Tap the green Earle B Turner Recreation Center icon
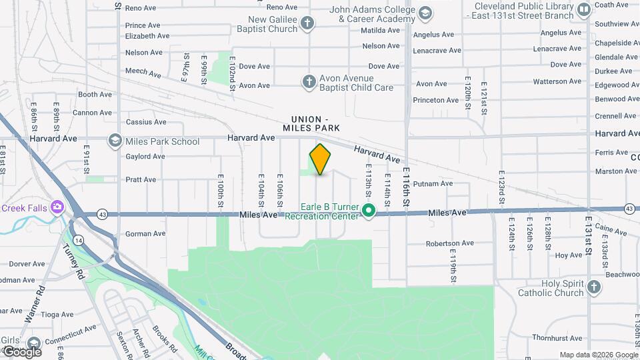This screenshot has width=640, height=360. click(x=369, y=211)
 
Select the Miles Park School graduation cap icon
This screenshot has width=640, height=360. click(x=115, y=141)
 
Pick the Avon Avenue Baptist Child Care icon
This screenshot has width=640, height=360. click(x=309, y=82)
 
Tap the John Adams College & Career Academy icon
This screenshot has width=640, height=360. click(x=425, y=13)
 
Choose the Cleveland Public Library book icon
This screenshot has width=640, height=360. click(x=585, y=10)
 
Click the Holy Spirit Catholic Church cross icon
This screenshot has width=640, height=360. click(x=594, y=287)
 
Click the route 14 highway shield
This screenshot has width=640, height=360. click(x=79, y=239)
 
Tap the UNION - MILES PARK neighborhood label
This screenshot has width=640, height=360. click(x=311, y=123)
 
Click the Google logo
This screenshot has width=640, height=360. click(x=21, y=351)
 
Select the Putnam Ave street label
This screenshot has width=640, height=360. click(x=433, y=183)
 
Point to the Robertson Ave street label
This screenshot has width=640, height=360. click(x=449, y=244)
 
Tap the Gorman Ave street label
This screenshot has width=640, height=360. click(x=145, y=234)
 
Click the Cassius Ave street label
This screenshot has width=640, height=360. click(x=145, y=122)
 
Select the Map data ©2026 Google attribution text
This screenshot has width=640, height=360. click(x=598, y=355)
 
